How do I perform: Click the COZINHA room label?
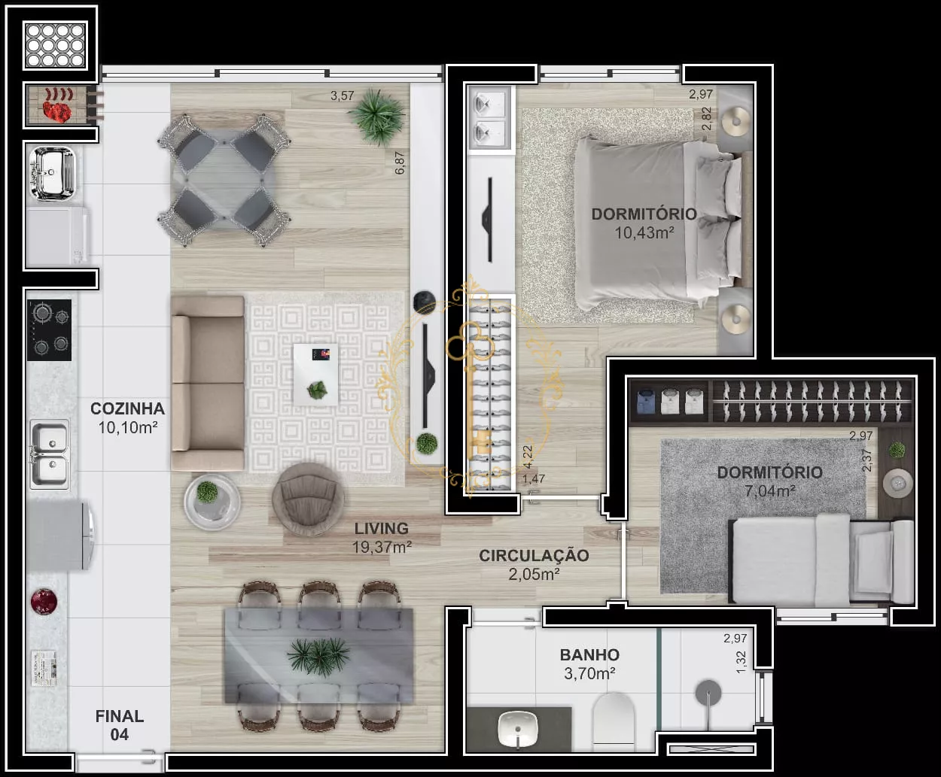127,408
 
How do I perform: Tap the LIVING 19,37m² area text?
382,537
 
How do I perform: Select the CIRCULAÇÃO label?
534,555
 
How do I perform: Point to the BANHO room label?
589,654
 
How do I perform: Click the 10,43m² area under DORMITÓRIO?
644,233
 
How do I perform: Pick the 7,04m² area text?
770,490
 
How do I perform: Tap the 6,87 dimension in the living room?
399,162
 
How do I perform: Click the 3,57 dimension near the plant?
342,96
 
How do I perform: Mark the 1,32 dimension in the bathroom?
741,662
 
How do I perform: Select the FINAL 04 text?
120,725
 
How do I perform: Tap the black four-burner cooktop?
49,329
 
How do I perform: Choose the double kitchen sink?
50,454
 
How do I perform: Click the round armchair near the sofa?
308,499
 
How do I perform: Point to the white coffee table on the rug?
316,375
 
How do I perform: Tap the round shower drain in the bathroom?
708,693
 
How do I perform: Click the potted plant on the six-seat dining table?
319,656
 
